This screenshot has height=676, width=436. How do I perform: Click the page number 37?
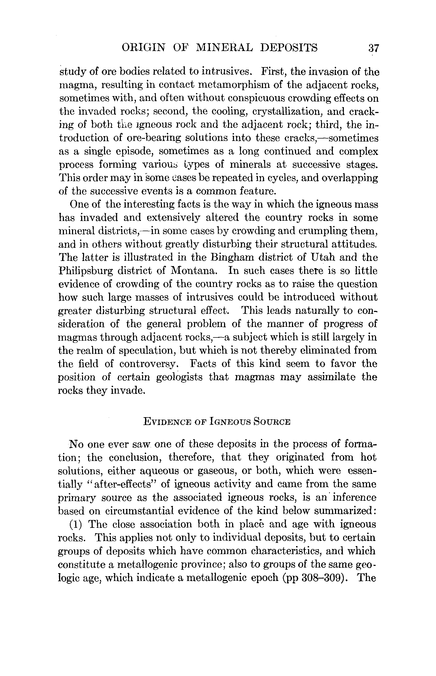[x=373, y=48]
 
